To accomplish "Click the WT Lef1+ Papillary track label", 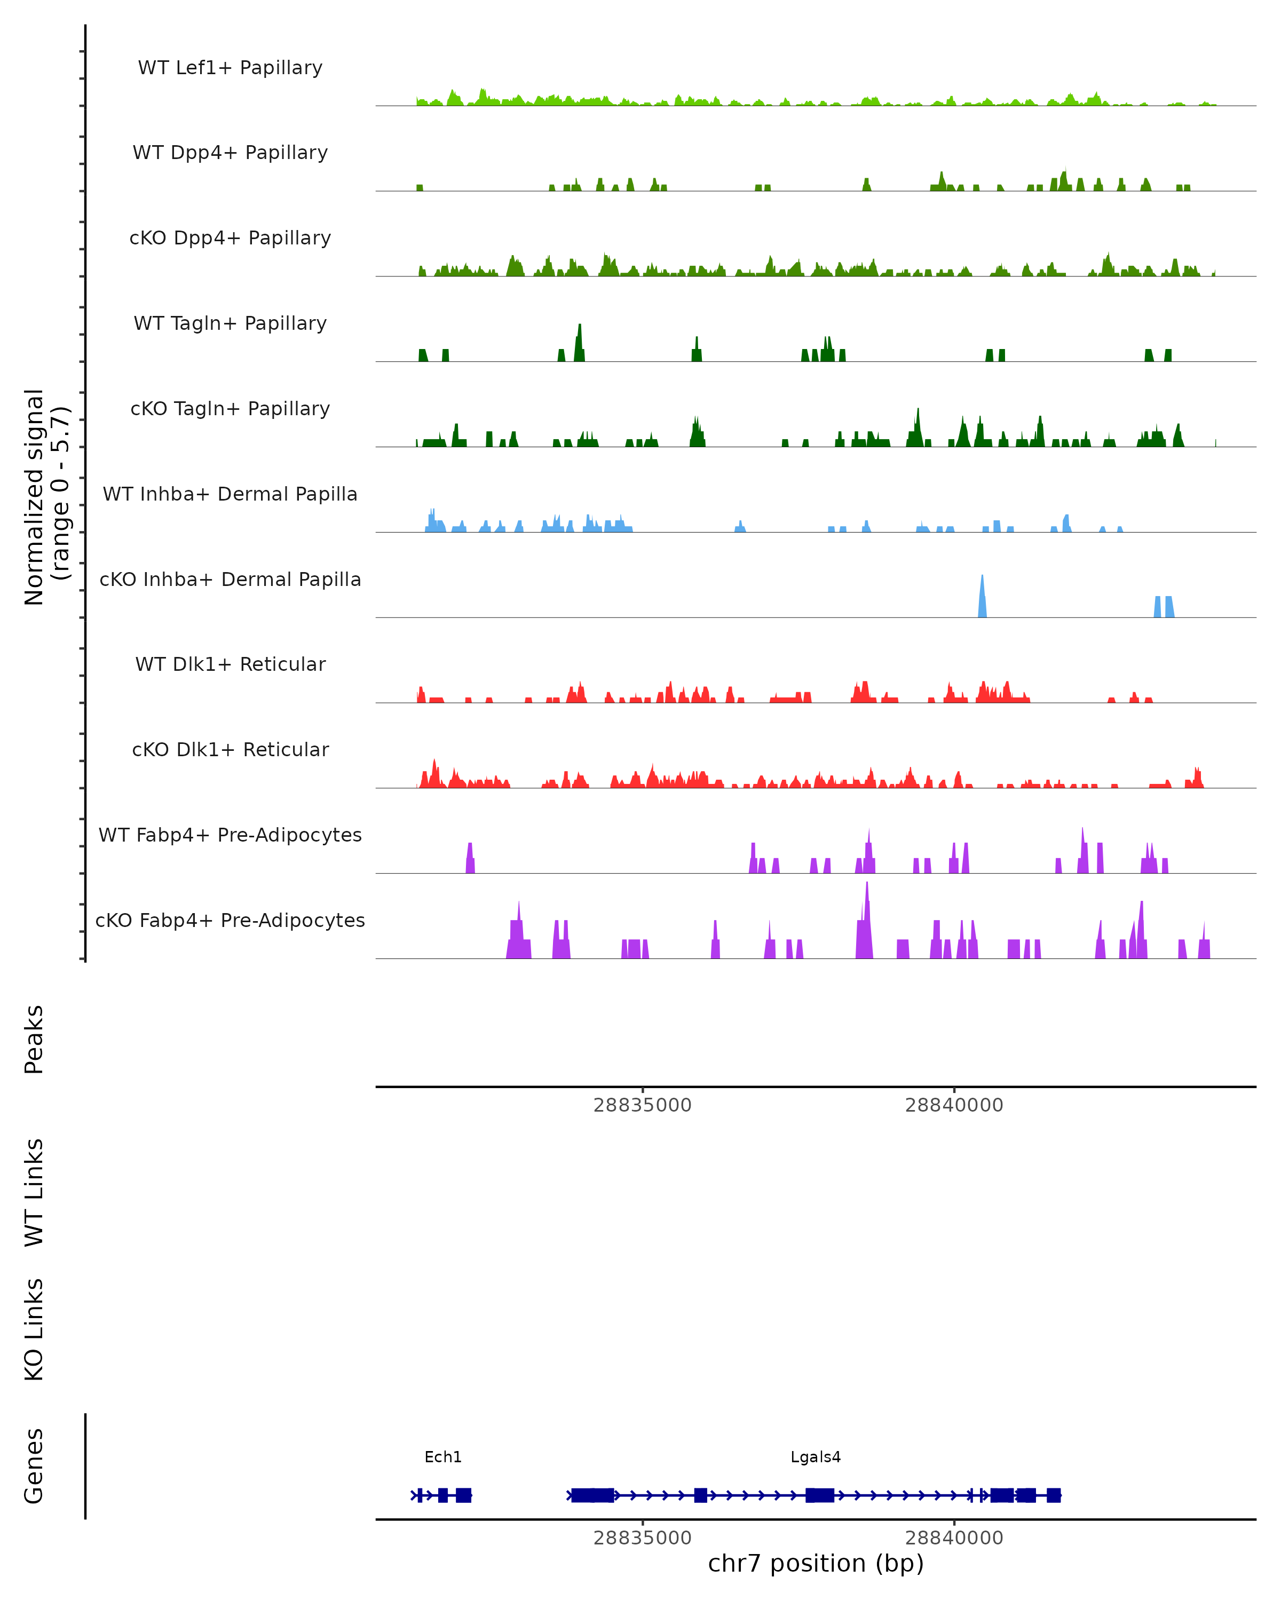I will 230,68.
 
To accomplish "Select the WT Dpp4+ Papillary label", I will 230,153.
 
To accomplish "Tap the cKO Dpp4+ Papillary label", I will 230,239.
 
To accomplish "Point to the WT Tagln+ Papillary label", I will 230,324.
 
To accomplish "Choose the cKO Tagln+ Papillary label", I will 230,409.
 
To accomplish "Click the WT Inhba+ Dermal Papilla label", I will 230,495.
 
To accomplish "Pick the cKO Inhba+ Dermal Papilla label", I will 230,580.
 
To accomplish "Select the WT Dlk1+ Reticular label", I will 230,664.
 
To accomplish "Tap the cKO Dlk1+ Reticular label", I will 230,750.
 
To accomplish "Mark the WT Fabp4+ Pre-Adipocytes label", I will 230,835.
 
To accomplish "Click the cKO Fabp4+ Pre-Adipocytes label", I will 230,921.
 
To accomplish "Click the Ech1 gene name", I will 442,1457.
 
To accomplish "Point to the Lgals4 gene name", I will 816,1457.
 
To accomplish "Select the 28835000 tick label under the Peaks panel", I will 642,1105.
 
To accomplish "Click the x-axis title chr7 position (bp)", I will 816,1564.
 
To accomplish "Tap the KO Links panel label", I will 34,1329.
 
